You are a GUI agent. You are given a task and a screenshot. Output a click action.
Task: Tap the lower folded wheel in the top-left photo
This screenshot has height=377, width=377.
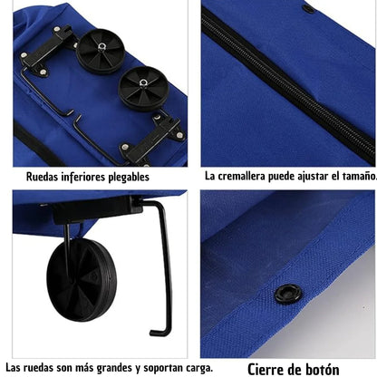[142, 88]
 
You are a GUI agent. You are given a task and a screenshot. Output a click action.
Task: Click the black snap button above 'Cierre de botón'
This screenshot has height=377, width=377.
[288, 294]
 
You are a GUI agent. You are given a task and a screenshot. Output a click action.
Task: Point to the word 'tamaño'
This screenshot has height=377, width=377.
[357, 177]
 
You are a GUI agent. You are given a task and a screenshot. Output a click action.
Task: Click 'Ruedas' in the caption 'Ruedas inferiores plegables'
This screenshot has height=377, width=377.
[40, 177]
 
